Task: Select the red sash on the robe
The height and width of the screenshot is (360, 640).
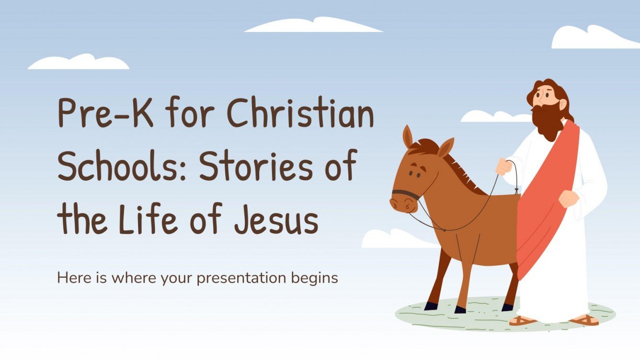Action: pos(546,201)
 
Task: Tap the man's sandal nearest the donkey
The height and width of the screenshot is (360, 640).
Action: pos(522,320)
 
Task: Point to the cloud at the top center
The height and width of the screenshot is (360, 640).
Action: pos(313,25)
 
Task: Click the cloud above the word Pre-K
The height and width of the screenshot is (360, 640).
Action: pos(79,62)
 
